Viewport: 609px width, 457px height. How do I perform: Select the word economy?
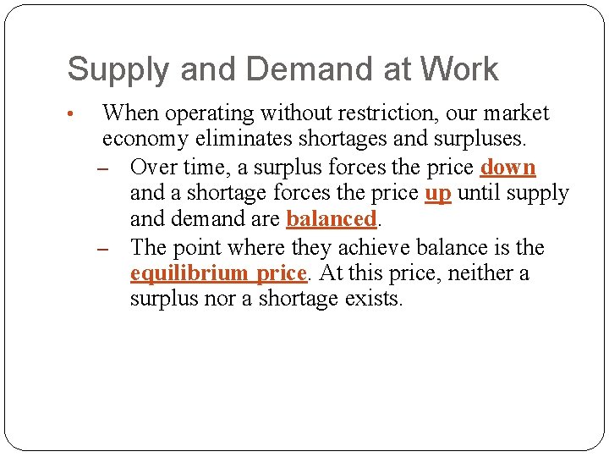[x=145, y=140]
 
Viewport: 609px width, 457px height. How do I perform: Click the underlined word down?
[x=507, y=167]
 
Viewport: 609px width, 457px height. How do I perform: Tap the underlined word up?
[x=437, y=193]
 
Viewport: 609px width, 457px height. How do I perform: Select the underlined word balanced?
[x=331, y=219]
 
